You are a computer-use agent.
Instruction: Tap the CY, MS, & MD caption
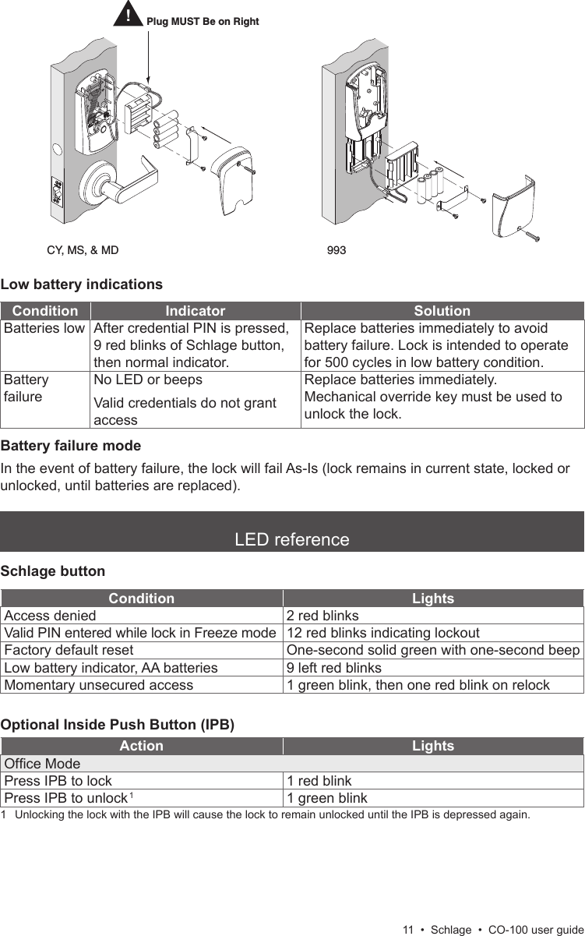tap(83, 251)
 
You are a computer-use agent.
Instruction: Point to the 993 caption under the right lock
tap(337, 251)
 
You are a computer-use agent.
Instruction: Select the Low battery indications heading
tap(82, 284)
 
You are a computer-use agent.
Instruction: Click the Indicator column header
tap(195, 311)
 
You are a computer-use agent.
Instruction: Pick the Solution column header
tap(442, 311)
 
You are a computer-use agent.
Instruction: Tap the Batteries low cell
tap(44, 329)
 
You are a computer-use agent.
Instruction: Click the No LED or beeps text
tap(147, 380)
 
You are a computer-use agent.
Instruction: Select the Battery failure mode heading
tap(71, 447)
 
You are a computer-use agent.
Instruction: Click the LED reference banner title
tap(292, 539)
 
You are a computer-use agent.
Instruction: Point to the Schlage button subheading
tap(53, 571)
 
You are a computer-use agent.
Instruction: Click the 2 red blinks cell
tap(322, 616)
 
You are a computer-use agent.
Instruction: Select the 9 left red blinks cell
tap(334, 668)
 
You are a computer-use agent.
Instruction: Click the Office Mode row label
tap(42, 764)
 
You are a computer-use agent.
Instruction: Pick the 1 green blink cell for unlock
tap(327, 798)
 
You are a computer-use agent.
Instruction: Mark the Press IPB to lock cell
tap(58, 781)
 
